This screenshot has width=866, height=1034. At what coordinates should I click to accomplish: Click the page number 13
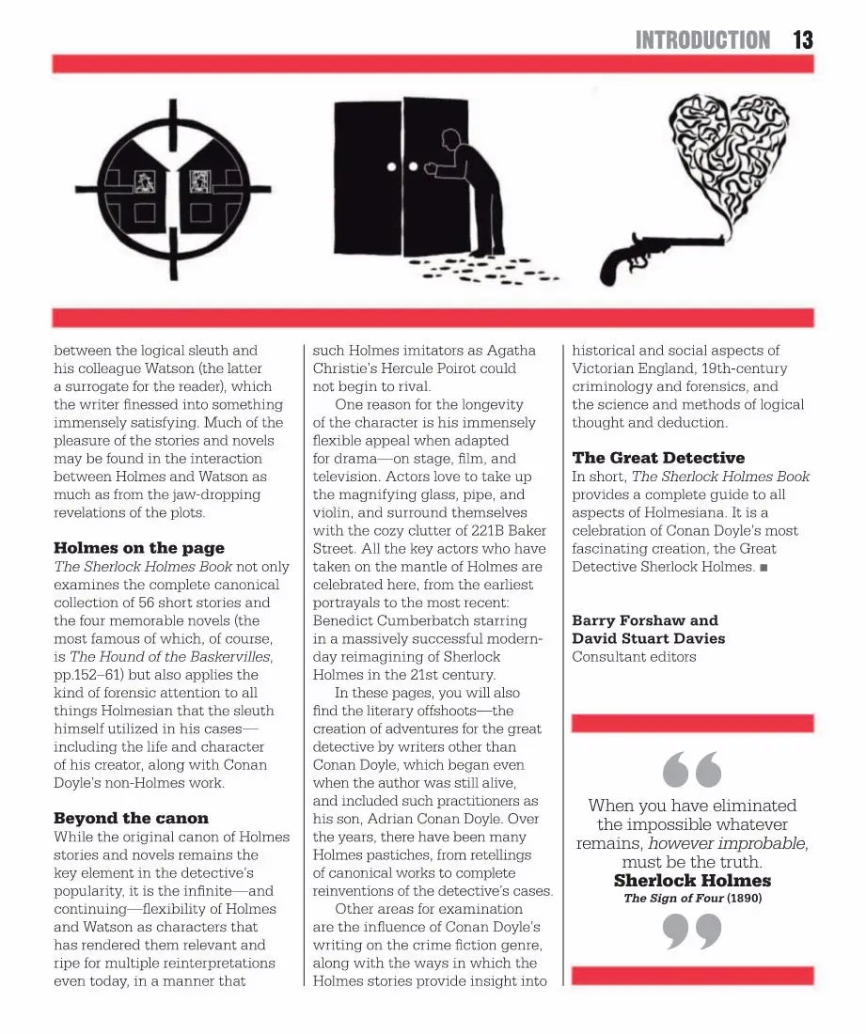[x=802, y=39]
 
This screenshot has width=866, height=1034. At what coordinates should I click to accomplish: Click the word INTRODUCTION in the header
[x=702, y=39]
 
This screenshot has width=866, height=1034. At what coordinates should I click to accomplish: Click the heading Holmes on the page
[x=139, y=548]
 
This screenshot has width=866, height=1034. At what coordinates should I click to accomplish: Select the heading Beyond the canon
[x=131, y=818]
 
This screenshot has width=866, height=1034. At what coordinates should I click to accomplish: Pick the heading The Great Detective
[x=658, y=458]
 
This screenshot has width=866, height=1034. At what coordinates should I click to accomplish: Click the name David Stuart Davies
[x=648, y=638]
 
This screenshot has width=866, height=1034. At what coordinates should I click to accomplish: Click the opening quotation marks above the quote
[x=692, y=770]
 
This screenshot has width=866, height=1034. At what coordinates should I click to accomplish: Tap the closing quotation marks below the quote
[x=692, y=932]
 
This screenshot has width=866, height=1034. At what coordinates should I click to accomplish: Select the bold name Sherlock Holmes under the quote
[x=692, y=881]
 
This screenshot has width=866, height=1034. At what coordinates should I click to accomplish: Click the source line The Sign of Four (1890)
[x=692, y=898]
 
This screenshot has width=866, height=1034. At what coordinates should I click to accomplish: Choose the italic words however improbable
[x=726, y=842]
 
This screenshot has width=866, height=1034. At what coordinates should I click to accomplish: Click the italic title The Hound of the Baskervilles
[x=170, y=656]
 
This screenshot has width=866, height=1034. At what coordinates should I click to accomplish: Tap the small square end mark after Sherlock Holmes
[x=763, y=567]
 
